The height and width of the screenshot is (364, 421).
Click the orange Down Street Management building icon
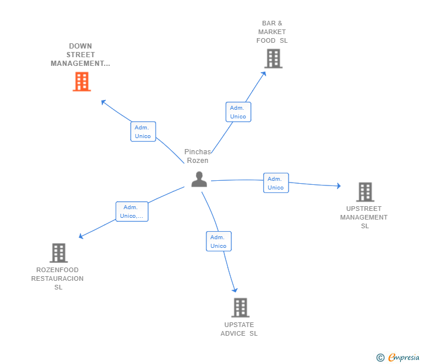click(x=82, y=81)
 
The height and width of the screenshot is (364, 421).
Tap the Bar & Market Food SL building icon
click(x=273, y=58)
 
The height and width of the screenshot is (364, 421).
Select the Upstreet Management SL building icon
click(x=365, y=192)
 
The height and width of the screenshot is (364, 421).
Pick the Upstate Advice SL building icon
click(x=240, y=307)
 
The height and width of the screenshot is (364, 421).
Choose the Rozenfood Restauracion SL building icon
click(x=58, y=252)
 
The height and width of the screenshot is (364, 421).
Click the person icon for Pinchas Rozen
click(x=199, y=180)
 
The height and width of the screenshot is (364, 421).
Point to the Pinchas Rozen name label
click(x=197, y=156)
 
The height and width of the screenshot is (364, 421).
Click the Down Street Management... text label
click(x=80, y=55)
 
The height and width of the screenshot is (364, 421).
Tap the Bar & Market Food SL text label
click(x=272, y=32)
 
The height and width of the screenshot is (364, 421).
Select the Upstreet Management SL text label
click(x=364, y=217)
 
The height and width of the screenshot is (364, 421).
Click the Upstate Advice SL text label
click(x=239, y=329)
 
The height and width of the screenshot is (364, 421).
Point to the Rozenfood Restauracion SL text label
click(x=57, y=278)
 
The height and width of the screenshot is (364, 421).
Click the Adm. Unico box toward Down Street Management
click(x=143, y=132)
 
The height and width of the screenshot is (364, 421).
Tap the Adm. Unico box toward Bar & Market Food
click(x=238, y=112)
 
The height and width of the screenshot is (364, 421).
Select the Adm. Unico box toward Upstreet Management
click(x=276, y=183)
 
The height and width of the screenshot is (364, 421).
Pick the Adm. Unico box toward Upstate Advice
click(x=219, y=242)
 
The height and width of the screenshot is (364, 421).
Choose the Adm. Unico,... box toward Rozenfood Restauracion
click(x=132, y=211)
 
